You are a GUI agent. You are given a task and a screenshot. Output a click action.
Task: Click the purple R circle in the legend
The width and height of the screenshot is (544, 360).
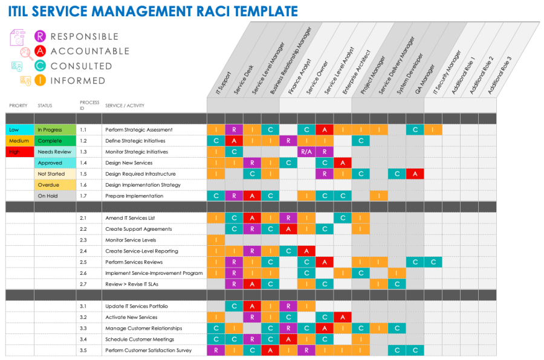tap(40, 36)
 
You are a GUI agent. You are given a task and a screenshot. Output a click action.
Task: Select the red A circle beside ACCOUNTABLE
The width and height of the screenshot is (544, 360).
tap(40, 51)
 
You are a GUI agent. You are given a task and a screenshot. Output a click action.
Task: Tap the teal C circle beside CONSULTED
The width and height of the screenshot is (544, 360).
tap(40, 65)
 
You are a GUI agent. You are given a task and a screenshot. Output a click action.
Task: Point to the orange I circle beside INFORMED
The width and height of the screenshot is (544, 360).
tap(40, 80)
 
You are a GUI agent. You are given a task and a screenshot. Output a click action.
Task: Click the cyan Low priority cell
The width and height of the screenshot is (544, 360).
tap(19, 130)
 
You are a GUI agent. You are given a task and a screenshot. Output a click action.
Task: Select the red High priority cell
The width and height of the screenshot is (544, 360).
tap(19, 152)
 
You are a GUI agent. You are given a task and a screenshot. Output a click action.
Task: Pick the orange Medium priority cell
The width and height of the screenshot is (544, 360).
tap(19, 141)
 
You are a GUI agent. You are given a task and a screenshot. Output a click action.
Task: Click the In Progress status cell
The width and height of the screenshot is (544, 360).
tap(55, 130)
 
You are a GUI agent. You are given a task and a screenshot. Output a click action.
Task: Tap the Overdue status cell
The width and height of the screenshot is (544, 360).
tap(55, 185)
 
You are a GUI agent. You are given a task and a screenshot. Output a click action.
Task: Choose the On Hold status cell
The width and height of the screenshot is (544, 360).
tap(55, 196)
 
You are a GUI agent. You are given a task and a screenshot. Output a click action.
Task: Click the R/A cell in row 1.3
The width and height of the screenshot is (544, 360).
tap(306, 152)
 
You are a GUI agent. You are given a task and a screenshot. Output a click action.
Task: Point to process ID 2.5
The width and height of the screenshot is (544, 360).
tap(83, 262)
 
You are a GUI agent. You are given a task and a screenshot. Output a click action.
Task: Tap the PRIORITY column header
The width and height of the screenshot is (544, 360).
tap(18, 106)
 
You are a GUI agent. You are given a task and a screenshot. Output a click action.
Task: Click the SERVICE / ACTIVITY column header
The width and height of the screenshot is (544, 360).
tap(125, 106)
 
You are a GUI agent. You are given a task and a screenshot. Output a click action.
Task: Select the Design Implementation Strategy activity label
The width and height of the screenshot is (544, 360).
tap(143, 185)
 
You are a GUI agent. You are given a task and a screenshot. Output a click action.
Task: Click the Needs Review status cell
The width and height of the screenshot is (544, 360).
tap(55, 152)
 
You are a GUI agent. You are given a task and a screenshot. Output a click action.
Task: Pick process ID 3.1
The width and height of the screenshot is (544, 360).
tap(83, 306)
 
